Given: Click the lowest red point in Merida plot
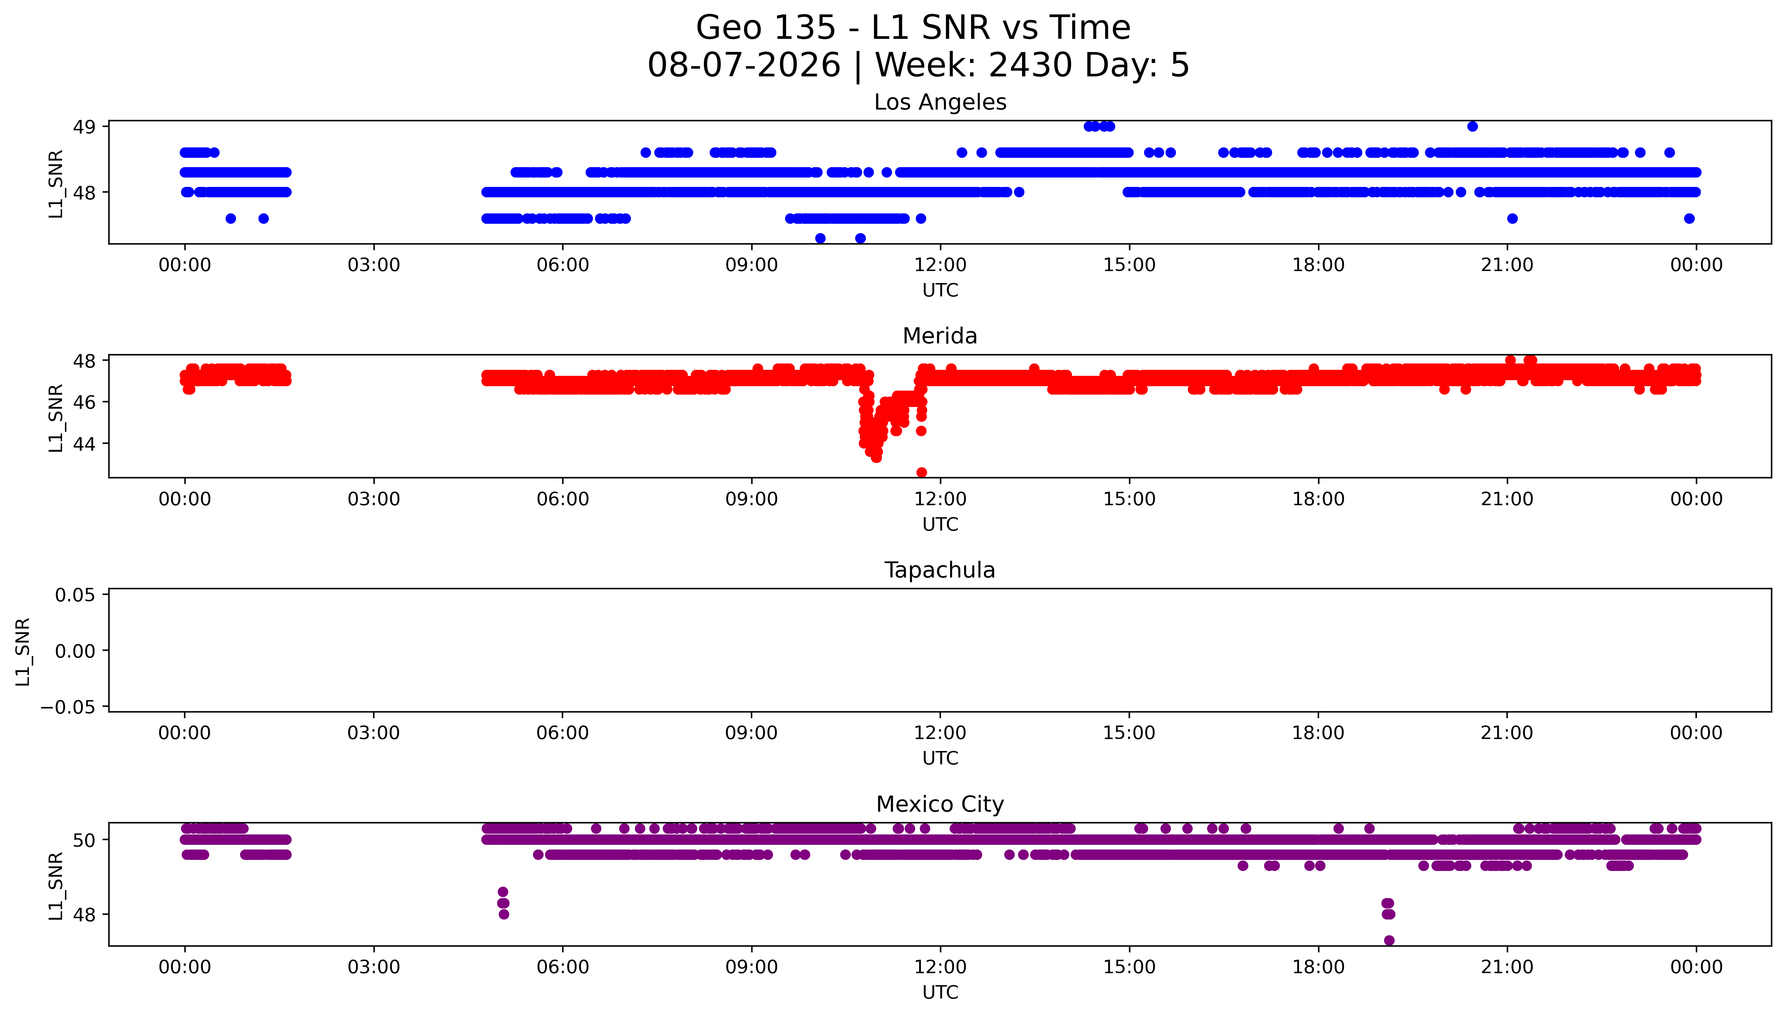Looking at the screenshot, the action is point(921,472).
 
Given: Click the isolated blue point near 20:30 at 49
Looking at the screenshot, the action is point(1472,126).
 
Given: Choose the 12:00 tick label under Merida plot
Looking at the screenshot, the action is point(940,499).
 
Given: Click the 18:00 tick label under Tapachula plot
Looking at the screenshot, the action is point(1318,733).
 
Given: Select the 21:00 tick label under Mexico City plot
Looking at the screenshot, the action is point(1507,967).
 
